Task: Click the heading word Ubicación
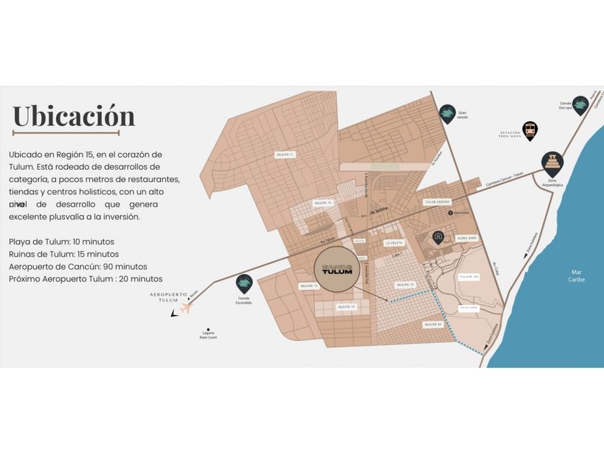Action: pos(73,116)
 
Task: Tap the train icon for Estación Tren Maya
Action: pos(530,130)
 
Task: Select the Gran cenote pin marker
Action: pos(447,114)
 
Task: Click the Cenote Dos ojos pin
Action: pos(580,105)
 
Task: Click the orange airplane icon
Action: pos(187,308)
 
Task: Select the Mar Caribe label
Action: pos(577,275)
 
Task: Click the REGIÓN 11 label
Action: pos(285,155)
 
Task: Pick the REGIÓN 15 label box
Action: pos(406,285)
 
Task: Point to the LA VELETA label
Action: pos(394,243)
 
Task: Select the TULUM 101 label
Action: pos(469,276)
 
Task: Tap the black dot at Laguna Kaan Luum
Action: pos(207,330)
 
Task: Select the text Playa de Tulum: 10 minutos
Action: pos(62,241)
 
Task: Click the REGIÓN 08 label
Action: pos(432,324)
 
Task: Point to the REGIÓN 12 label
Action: pos(308,285)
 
